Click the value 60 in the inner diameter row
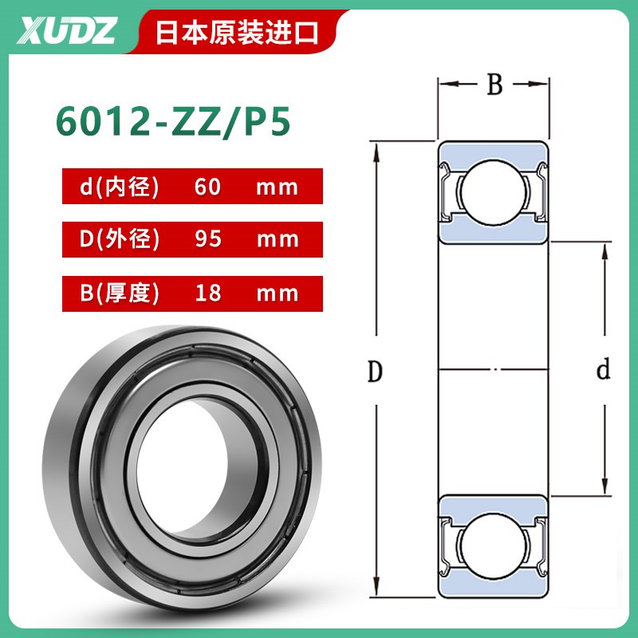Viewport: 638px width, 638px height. point(209,187)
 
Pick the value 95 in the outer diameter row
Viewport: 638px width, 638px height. point(209,239)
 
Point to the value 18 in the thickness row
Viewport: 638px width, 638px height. point(209,293)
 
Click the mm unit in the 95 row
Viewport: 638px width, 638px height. point(277,239)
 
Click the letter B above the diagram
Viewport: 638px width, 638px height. point(494,85)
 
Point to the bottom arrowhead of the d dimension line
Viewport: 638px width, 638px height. point(604,489)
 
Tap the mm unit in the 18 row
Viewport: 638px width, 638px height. point(277,293)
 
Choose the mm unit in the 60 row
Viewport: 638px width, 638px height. point(277,187)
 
